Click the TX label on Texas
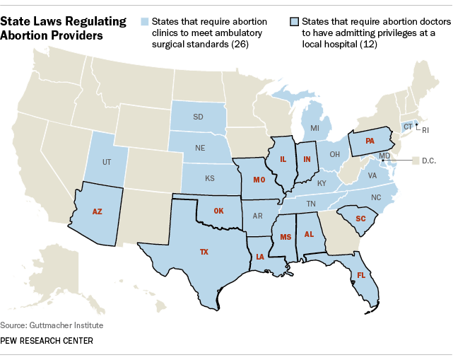point(204,252)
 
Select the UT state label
point(107,162)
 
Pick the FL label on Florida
point(361,275)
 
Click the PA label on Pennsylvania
point(369,141)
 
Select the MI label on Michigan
point(314,128)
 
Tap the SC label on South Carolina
point(360,219)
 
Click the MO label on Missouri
point(258,180)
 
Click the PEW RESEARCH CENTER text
point(47,341)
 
